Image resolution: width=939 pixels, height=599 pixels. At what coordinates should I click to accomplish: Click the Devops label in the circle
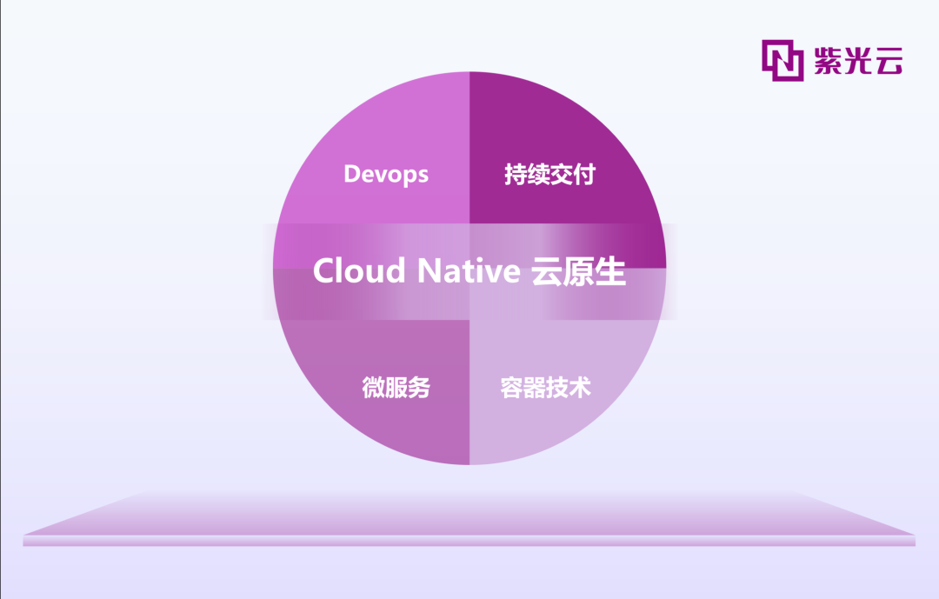(386, 174)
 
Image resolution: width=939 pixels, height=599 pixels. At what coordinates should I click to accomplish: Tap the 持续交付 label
(549, 174)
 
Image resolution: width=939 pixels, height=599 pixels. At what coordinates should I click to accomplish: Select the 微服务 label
(396, 388)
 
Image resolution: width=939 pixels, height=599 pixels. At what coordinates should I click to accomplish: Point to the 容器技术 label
(545, 388)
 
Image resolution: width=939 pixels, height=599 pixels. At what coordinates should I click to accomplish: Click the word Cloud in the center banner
(359, 270)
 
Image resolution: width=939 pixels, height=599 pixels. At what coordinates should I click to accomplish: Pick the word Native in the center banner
(469, 270)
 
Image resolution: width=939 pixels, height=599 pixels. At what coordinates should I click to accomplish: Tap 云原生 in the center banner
(578, 270)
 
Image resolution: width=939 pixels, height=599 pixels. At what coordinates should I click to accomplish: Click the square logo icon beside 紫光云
(782, 61)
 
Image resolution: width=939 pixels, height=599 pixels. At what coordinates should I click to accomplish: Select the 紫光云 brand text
(858, 61)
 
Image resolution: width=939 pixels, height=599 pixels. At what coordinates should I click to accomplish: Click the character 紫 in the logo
(829, 61)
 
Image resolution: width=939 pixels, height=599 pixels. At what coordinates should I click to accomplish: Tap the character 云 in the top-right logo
(889, 61)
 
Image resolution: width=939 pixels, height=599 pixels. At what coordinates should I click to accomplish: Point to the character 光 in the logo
(858, 61)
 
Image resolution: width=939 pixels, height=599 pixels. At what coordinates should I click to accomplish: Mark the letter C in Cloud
(324, 270)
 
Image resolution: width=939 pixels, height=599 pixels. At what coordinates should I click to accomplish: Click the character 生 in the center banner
(611, 270)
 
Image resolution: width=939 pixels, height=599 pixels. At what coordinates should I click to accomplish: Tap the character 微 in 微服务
(373, 388)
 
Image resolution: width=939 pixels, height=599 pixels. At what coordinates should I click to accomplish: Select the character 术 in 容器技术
(580, 388)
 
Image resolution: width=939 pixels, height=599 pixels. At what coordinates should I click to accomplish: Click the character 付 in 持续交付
(584, 174)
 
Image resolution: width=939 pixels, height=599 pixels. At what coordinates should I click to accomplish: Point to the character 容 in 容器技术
(511, 388)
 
